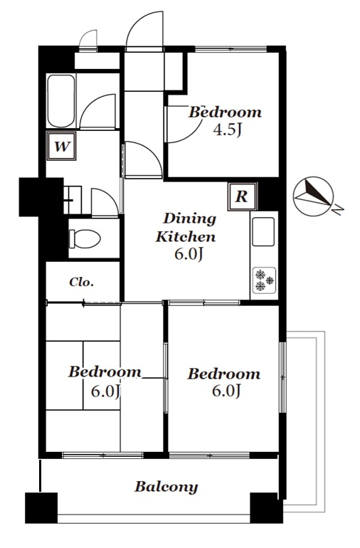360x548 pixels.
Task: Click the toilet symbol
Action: (x=85, y=238)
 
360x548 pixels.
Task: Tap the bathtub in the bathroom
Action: (x=61, y=100)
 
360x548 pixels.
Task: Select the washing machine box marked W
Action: (x=61, y=147)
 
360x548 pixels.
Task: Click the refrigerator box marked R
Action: (x=242, y=196)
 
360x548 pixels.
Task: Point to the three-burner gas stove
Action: (x=264, y=280)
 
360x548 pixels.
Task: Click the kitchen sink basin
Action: (x=263, y=232)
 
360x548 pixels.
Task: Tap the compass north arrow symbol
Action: (x=314, y=196)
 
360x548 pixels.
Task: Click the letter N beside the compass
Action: (x=339, y=209)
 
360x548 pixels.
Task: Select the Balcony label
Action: (x=166, y=487)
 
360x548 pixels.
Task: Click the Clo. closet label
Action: (x=81, y=282)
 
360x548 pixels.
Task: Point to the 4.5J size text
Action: (x=228, y=130)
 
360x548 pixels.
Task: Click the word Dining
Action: (x=190, y=219)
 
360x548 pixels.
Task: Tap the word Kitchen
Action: (x=186, y=236)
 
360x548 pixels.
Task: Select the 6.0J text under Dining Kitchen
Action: (x=189, y=255)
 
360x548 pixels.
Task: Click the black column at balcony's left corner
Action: (x=41, y=508)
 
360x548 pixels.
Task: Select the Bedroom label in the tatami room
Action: (x=105, y=372)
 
